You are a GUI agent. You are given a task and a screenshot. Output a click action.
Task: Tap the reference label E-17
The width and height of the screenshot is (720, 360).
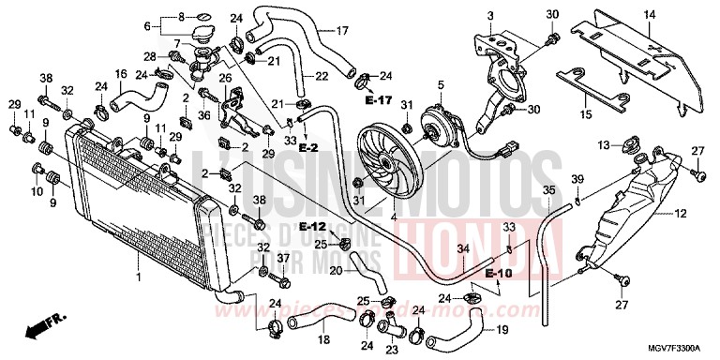pos(380,97)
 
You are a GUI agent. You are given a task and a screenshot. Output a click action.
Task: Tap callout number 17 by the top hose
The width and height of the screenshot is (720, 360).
pos(342,30)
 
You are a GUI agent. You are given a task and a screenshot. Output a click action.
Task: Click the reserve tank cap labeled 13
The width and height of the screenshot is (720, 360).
pos(629,145)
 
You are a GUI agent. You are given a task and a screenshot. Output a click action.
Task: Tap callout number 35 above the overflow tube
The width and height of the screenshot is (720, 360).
pos(548,190)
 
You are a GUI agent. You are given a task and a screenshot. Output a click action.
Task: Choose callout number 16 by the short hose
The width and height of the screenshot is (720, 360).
pos(121,73)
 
